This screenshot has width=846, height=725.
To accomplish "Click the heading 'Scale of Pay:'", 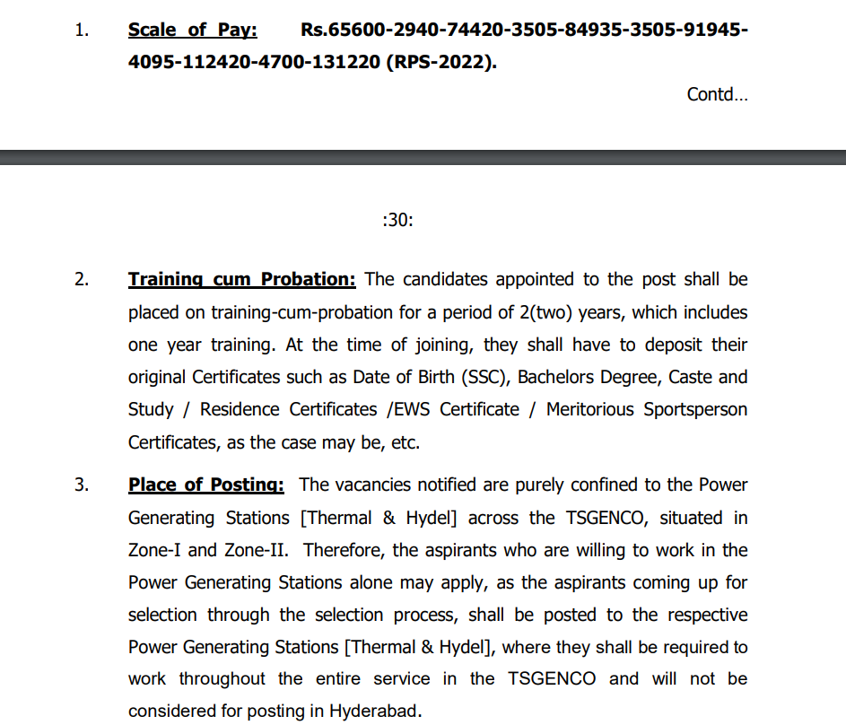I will click(192, 30).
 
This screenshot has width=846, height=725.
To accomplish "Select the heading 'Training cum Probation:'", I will click(241, 279).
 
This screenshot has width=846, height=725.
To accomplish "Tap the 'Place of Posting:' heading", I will click(205, 485).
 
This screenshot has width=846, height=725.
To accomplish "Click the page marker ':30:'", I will click(397, 220).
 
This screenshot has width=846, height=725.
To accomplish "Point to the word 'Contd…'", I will click(717, 94).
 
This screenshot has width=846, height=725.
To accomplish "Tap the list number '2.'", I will click(82, 279).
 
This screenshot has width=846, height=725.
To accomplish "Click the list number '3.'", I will click(82, 485).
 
